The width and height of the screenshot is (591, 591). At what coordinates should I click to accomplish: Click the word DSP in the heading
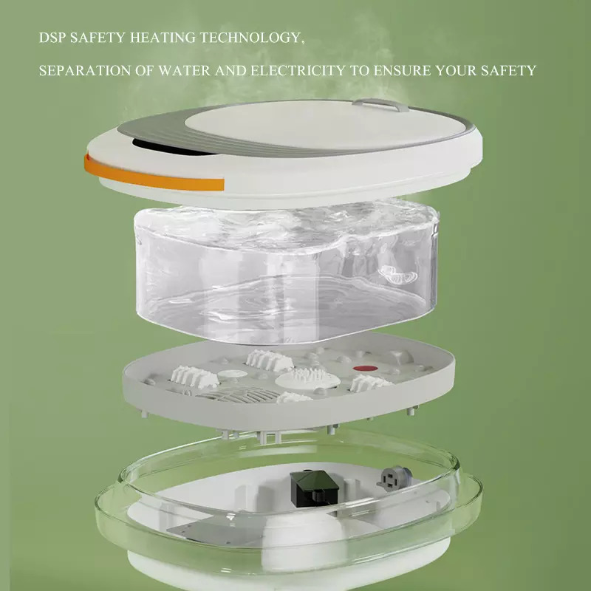pyautogui.click(x=52, y=38)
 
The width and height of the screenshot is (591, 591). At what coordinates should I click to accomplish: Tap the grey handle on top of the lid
pyautogui.click(x=380, y=104)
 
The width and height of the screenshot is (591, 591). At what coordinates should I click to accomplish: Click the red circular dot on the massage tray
pyautogui.click(x=365, y=368)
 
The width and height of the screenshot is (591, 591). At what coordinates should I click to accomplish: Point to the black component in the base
pyautogui.click(x=315, y=488)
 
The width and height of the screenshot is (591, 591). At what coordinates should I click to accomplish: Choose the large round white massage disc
pyautogui.click(x=307, y=378)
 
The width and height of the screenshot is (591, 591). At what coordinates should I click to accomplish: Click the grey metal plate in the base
pyautogui.click(x=216, y=531)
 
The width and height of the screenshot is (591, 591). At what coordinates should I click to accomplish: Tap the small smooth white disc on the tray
pyautogui.click(x=233, y=375)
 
